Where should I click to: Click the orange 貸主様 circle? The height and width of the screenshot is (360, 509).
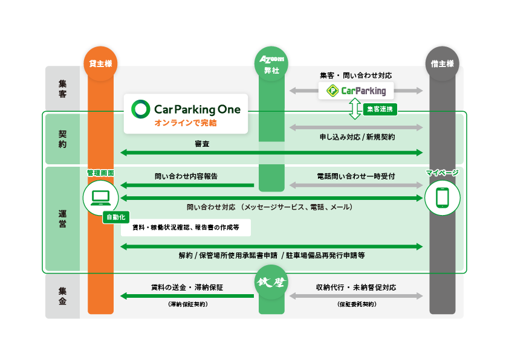pyautogui.click(x=100, y=63)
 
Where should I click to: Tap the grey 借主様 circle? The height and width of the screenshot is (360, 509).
pyautogui.click(x=443, y=63)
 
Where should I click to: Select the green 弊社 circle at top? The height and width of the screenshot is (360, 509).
pyautogui.click(x=271, y=63)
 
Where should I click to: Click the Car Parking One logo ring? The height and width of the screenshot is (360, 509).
pyautogui.click(x=141, y=109)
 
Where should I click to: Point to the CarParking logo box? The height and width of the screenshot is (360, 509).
pyautogui.click(x=356, y=91)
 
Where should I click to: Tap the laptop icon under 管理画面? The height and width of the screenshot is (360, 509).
pyautogui.click(x=100, y=198)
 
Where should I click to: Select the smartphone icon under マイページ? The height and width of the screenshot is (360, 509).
pyautogui.click(x=443, y=198)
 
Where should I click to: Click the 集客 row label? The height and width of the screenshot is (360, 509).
pyautogui.click(x=63, y=89)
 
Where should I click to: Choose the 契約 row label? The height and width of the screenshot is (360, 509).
pyautogui.click(x=63, y=139)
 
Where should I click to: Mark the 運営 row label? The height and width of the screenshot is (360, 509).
pyautogui.click(x=63, y=219)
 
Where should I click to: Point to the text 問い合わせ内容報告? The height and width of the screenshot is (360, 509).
pyautogui.click(x=186, y=177)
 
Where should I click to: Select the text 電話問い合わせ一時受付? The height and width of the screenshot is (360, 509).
pyautogui.click(x=356, y=177)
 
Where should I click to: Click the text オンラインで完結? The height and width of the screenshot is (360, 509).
pyautogui.click(x=186, y=123)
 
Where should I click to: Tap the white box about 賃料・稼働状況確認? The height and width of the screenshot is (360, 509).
pyautogui.click(x=186, y=228)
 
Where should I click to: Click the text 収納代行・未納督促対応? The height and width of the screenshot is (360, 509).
pyautogui.click(x=356, y=288)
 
